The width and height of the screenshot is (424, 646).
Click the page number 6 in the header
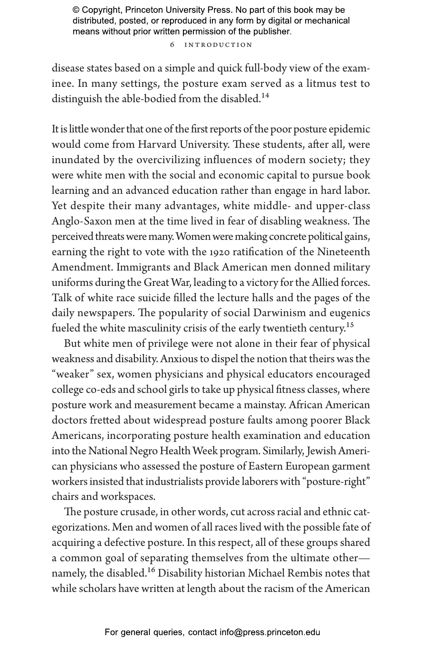[172, 45]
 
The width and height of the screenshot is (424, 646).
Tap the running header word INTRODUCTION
[218, 45]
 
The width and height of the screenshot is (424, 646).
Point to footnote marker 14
[265, 96]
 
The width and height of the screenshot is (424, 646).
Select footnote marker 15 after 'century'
[350, 325]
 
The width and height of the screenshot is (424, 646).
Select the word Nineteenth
[343, 252]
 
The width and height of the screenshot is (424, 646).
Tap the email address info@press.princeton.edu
[270, 632]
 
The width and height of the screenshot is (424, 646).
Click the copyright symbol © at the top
[76, 10]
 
